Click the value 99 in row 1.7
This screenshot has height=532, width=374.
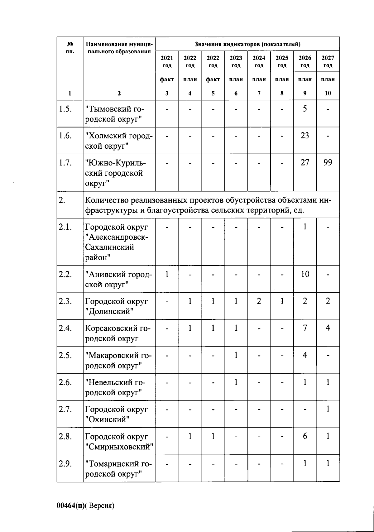pos(328,162)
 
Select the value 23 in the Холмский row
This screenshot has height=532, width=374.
pos(305,136)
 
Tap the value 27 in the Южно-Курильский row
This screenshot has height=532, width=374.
pos(305,162)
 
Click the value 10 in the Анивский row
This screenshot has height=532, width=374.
pos(305,274)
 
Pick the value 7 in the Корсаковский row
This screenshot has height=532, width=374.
pos(305,328)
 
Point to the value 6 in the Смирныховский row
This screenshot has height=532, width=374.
pos(305,436)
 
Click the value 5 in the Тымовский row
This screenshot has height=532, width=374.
pos(305,109)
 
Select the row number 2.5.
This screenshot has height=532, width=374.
pos(65,355)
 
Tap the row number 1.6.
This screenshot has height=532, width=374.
pos(65,136)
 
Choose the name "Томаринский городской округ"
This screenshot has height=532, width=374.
pos(118,468)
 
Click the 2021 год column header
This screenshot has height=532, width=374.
pos(167,61)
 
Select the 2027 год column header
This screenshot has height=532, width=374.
pos(328,61)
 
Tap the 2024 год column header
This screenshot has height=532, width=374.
pos(259,61)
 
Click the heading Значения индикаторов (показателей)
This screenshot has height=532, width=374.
pos(247,44)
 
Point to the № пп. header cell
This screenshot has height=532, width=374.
pos(70,48)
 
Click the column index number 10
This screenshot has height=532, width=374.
pos(328,93)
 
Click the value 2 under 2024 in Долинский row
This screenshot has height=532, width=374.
pos(259,301)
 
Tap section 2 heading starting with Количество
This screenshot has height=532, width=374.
pos(208,205)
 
